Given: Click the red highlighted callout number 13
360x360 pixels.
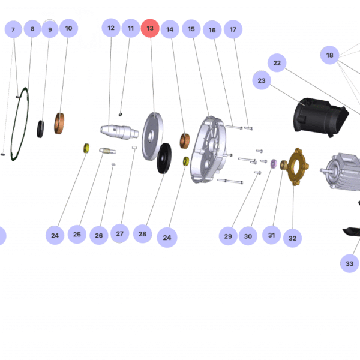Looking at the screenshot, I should click(150, 28).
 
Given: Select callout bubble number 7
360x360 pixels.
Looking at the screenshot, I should click(13, 29).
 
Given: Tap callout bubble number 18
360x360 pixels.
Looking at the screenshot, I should click(329, 55).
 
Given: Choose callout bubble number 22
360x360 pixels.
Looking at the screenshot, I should click(277, 63).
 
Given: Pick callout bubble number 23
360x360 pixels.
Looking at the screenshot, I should click(262, 80).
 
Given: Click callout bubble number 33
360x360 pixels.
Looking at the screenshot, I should click(350, 263).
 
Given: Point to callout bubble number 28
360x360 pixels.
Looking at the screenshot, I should click(142, 234).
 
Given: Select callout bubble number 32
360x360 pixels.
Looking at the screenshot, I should click(292, 238).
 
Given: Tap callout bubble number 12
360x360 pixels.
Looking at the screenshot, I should click(111, 28).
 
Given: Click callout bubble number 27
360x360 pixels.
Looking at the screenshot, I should click(119, 233).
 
